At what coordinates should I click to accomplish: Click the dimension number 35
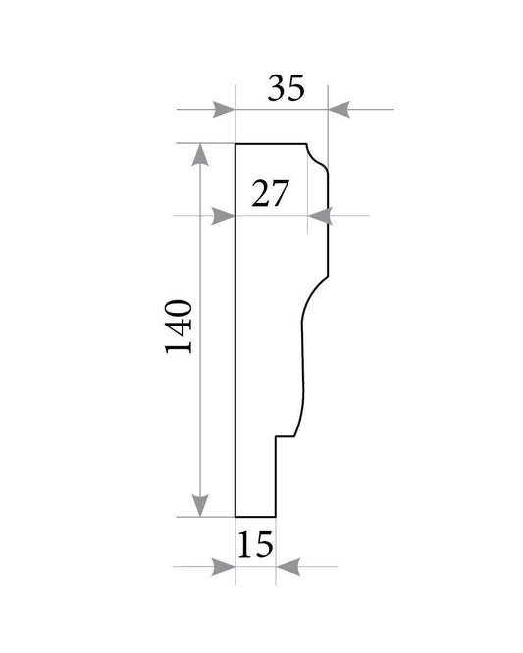(x=286, y=88)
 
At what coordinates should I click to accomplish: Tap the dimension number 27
(x=270, y=193)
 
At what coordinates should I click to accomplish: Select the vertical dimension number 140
(x=179, y=326)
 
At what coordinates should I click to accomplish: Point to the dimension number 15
(x=255, y=544)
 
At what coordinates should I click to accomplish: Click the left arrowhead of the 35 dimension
(x=224, y=109)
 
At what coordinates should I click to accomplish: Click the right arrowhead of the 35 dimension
(x=340, y=109)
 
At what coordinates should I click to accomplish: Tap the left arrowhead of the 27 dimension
(x=224, y=216)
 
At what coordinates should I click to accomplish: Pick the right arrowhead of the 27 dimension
(x=320, y=216)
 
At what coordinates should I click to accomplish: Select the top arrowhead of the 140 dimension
(x=200, y=155)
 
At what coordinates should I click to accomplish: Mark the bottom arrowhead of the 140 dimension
(x=200, y=506)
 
